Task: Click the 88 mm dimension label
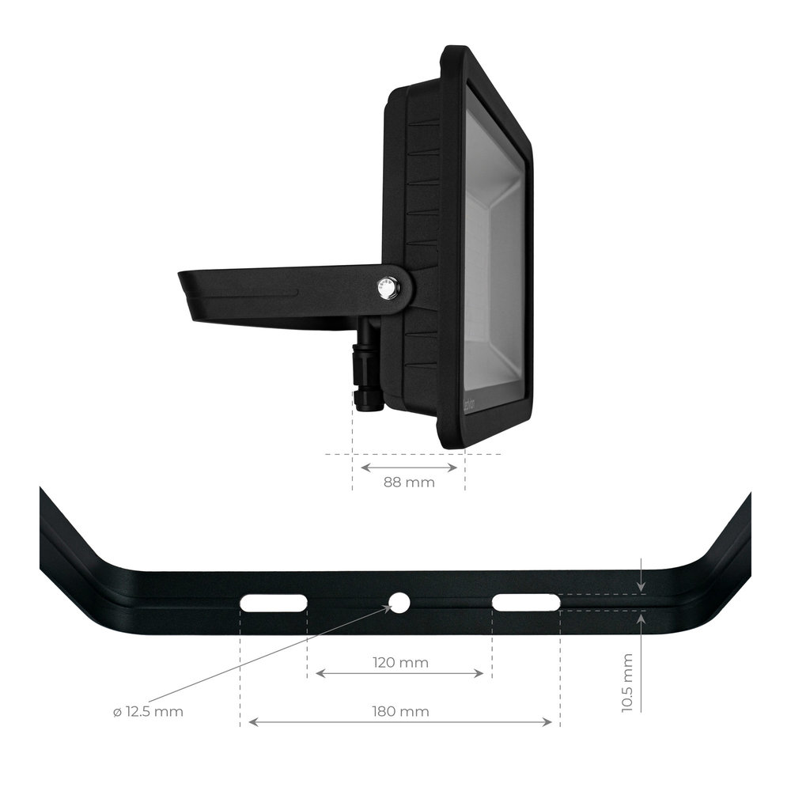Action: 408,483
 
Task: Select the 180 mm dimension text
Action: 401,711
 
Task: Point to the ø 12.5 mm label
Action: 148,712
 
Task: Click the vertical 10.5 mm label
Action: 629,683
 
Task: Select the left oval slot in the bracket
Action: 274,603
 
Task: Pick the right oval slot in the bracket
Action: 526,603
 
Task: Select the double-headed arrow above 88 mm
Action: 408,467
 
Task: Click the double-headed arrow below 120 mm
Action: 399,674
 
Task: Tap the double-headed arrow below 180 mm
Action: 399,722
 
